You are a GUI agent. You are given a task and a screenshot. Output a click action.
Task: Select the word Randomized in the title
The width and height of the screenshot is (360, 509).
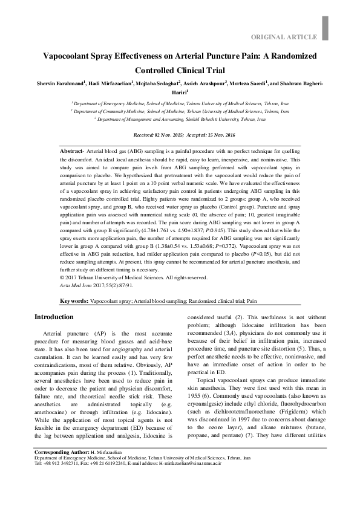click(287, 56)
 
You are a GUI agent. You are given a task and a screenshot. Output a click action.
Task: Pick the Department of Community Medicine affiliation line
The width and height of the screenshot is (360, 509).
click(180, 112)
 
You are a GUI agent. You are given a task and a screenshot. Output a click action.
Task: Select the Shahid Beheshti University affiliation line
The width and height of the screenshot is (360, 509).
click(180, 120)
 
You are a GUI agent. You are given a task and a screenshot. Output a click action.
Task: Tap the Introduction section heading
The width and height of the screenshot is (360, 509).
click(54, 317)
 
